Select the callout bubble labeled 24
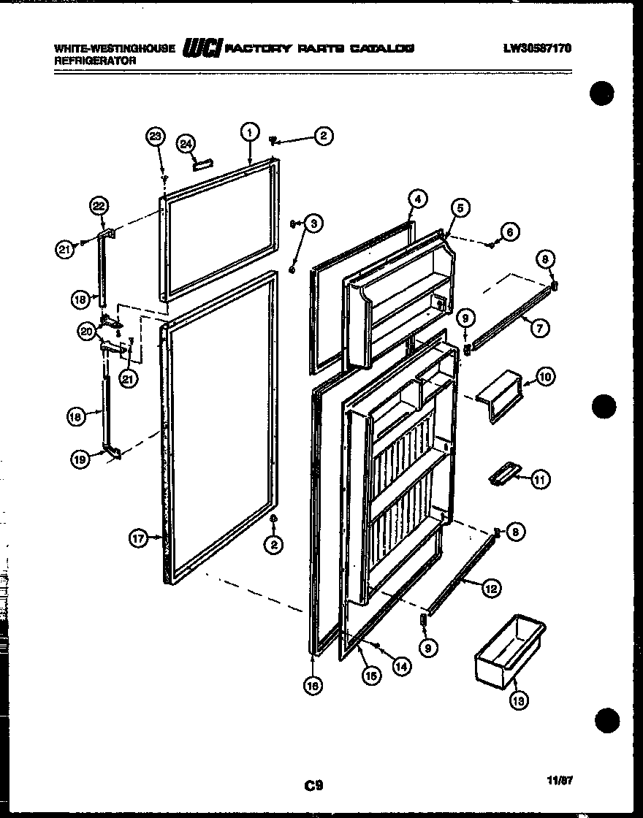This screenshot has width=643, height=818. click(186, 143)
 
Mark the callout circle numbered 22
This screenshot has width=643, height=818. click(99, 207)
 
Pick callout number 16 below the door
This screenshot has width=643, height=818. click(313, 684)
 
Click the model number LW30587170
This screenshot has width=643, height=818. click(537, 49)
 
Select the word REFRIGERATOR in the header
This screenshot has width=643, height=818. click(95, 61)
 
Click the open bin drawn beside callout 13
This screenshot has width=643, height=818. click(509, 650)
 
